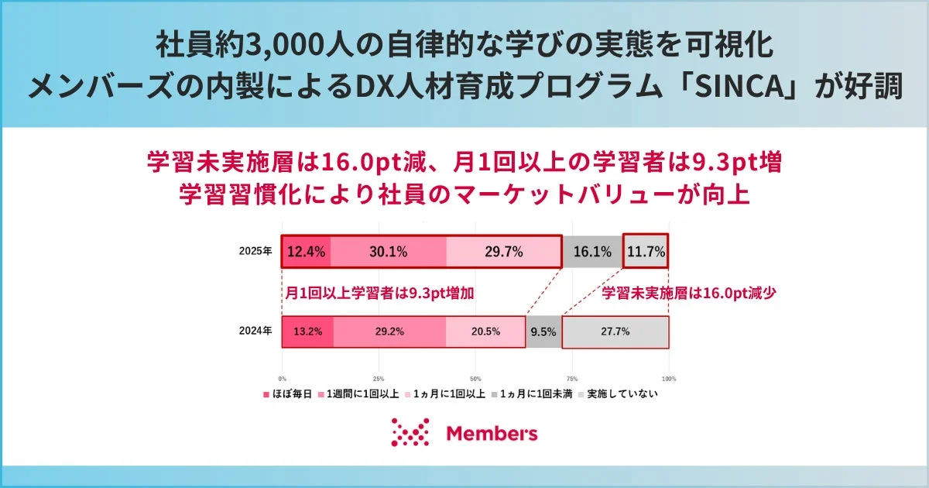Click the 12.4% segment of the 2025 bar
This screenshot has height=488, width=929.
[307, 251]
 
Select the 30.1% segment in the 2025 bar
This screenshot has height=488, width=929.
[389, 251]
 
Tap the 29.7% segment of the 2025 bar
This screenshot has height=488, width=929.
[503, 251]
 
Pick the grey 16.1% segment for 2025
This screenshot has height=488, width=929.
[591, 251]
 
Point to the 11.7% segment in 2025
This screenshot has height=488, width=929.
[646, 251]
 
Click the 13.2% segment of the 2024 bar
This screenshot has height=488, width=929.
[308, 331]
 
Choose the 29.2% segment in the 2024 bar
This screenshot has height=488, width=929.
[390, 331]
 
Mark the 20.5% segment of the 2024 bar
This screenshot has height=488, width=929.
[485, 331]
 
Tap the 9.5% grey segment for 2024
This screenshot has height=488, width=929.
[543, 331]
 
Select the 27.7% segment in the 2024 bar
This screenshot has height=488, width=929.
[615, 331]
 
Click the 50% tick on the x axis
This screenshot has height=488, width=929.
[475, 378]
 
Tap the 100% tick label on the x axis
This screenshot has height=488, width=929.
[669, 378]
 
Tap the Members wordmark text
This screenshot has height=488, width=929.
[492, 433]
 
